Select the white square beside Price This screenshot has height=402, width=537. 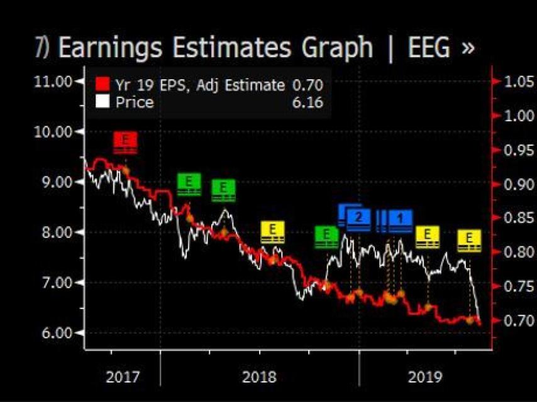pyautogui.click(x=102, y=102)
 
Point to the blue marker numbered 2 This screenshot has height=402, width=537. pyautogui.click(x=358, y=219)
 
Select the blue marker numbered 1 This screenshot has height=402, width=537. pyautogui.click(x=399, y=219)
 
